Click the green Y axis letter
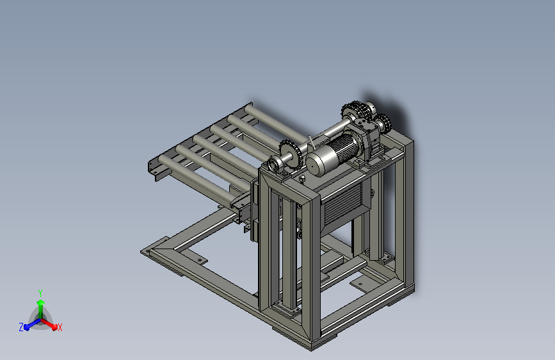coord(40,293)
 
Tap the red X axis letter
coord(60,327)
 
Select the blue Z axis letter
coord(21,327)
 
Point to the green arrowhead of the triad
coord(40,302)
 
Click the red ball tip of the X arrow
coord(54,327)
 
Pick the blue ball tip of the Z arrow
coord(26,327)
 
